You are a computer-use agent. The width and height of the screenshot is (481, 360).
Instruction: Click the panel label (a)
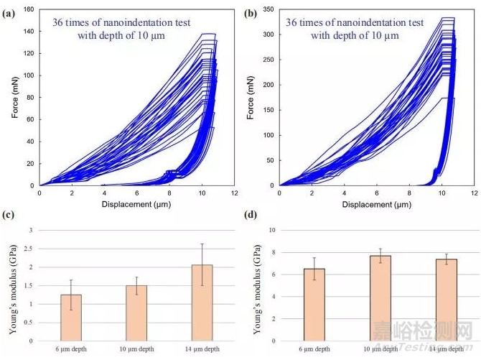click(11, 12)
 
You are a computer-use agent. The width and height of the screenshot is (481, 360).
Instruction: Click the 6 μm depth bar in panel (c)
click(71, 318)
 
